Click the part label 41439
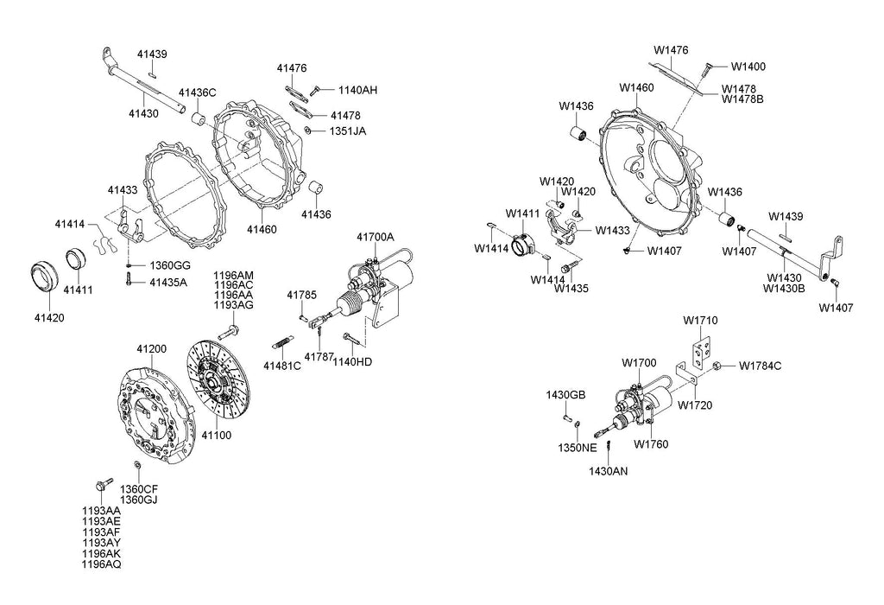tap(152, 54)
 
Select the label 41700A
tap(375, 237)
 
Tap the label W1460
tap(636, 87)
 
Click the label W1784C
tap(760, 366)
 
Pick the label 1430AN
tap(609, 471)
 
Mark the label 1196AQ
tap(101, 564)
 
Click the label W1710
tap(700, 321)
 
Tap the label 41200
tap(152, 349)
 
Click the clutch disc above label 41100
tap(218, 379)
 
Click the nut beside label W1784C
tap(718, 366)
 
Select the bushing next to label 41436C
tap(198, 117)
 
